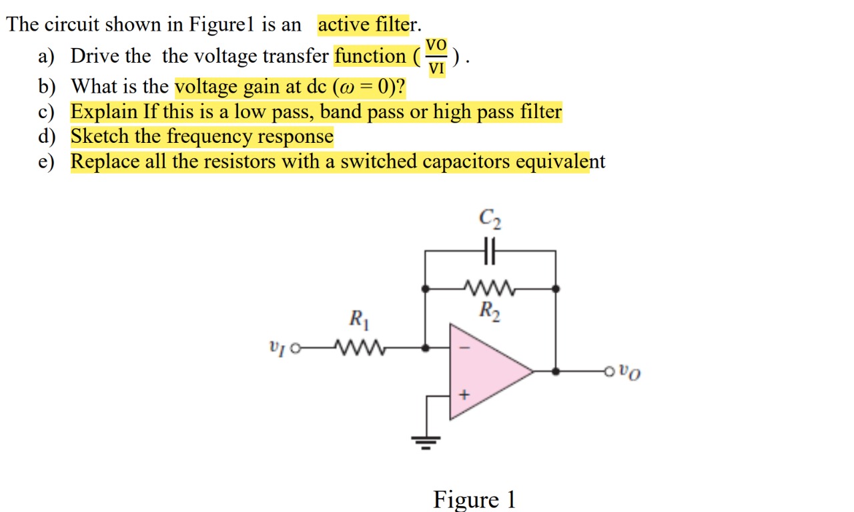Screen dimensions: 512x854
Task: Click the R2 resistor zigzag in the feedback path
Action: (490, 289)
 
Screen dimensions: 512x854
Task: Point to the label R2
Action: (490, 310)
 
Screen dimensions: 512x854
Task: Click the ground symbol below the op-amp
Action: (426, 441)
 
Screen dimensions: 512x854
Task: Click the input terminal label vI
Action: (276, 347)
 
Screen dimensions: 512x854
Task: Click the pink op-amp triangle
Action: (487, 371)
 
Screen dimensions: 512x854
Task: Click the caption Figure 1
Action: (474, 499)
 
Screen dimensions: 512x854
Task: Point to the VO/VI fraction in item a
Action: (436, 57)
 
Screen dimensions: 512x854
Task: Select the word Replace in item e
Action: (104, 162)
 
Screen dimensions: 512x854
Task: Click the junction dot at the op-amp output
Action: (556, 371)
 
